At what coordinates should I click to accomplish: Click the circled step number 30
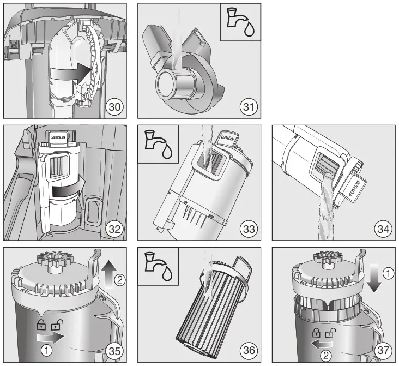pos(114,106)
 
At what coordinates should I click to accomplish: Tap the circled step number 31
pos(249,106)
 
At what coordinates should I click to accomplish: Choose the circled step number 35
pos(114,351)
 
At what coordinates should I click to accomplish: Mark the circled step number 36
pos(249,351)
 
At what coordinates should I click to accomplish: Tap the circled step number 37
pos(383,351)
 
